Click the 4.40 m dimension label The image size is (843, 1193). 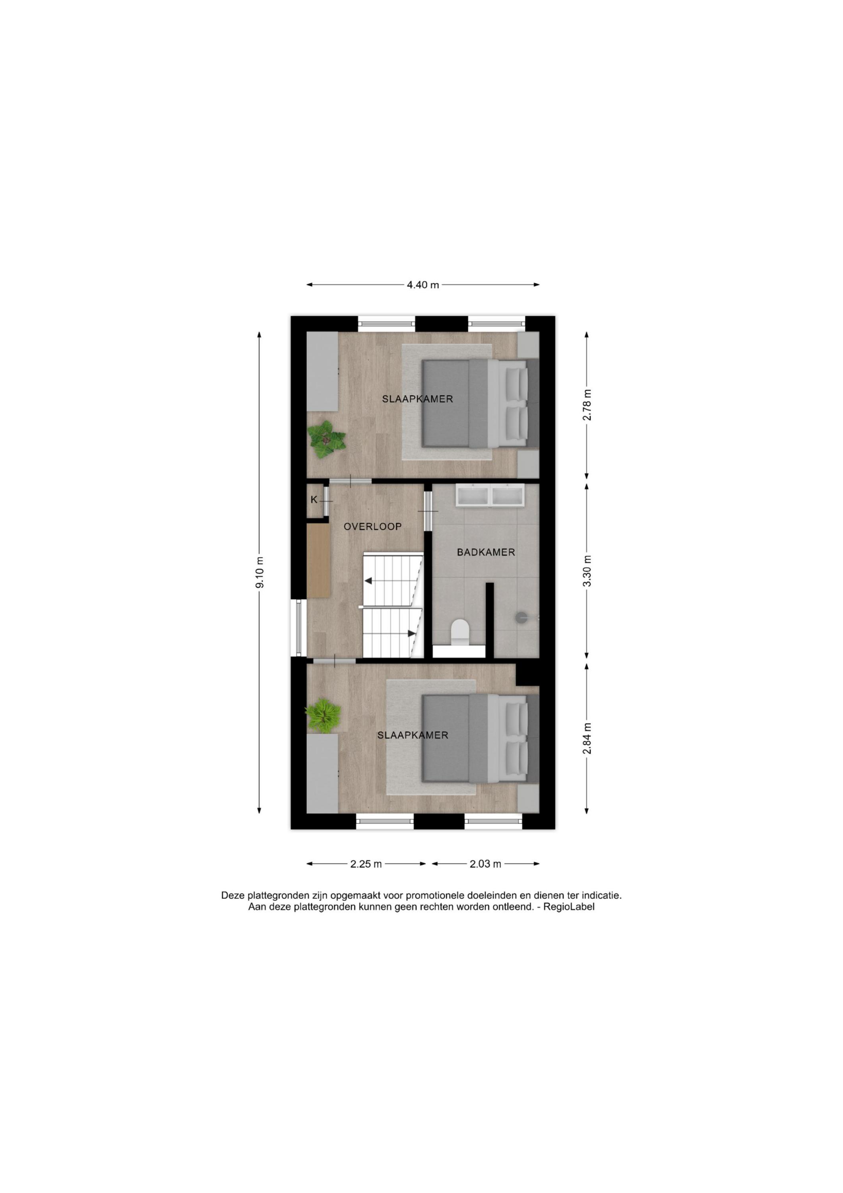(423, 285)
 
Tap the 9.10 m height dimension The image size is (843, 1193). (260, 572)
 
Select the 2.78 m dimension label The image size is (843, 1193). (587, 405)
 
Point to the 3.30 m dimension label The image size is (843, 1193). (587, 571)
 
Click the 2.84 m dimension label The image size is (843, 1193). (587, 739)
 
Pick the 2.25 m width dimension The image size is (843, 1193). (366, 864)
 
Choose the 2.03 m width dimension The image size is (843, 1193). (485, 864)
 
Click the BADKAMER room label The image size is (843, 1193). (486, 552)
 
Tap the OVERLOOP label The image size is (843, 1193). (372, 527)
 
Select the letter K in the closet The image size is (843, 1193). (314, 500)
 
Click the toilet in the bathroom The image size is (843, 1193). (460, 633)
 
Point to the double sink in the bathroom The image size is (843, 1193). (490, 495)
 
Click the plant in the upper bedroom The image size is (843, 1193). (326, 439)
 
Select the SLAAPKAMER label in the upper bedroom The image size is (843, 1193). (418, 399)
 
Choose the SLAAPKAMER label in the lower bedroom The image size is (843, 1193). (413, 735)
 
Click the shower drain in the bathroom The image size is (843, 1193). (521, 617)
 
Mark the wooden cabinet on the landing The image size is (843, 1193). (318, 561)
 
